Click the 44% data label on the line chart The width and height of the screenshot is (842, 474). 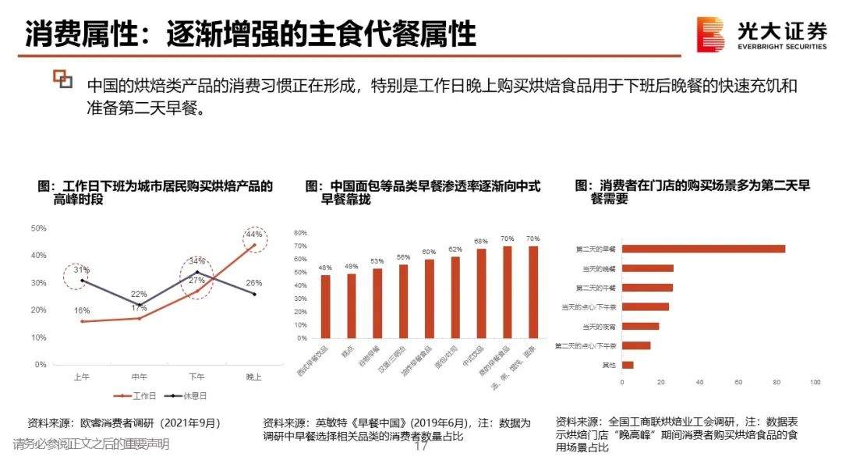(x=253, y=234)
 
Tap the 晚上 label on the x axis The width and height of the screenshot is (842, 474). (x=253, y=377)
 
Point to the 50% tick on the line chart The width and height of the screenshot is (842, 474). (x=39, y=228)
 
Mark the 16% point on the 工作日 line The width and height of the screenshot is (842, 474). (x=83, y=321)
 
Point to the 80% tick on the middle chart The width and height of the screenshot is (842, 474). (x=301, y=233)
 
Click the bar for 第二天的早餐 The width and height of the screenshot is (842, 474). (x=703, y=249)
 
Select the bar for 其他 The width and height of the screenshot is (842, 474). (x=628, y=365)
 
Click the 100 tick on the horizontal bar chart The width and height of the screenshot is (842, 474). (x=815, y=382)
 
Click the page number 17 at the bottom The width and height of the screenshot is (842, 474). (x=422, y=448)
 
